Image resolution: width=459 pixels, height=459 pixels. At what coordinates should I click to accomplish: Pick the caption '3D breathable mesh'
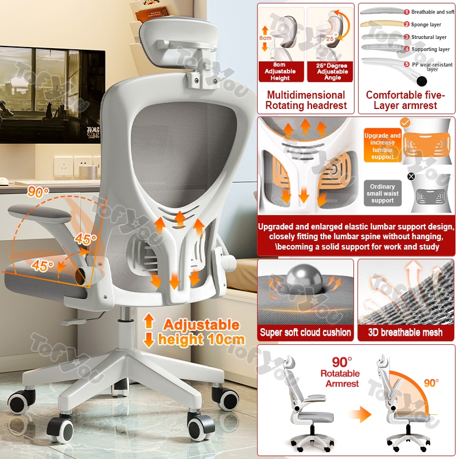pyautogui.click(x=406, y=332)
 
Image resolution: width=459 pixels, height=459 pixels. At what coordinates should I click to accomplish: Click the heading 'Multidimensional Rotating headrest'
pyautogui.click(x=306, y=100)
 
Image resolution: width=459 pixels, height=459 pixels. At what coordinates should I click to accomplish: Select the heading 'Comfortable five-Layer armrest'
pyautogui.click(x=405, y=100)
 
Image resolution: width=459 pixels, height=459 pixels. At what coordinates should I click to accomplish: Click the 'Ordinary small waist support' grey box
pyautogui.click(x=382, y=193)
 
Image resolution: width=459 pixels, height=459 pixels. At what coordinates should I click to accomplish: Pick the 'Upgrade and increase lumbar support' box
pyautogui.click(x=382, y=146)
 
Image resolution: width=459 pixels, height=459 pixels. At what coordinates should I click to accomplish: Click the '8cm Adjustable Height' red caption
pyautogui.click(x=281, y=72)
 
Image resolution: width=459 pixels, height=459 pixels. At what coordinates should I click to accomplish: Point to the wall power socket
pyautogui.click(x=64, y=166)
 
